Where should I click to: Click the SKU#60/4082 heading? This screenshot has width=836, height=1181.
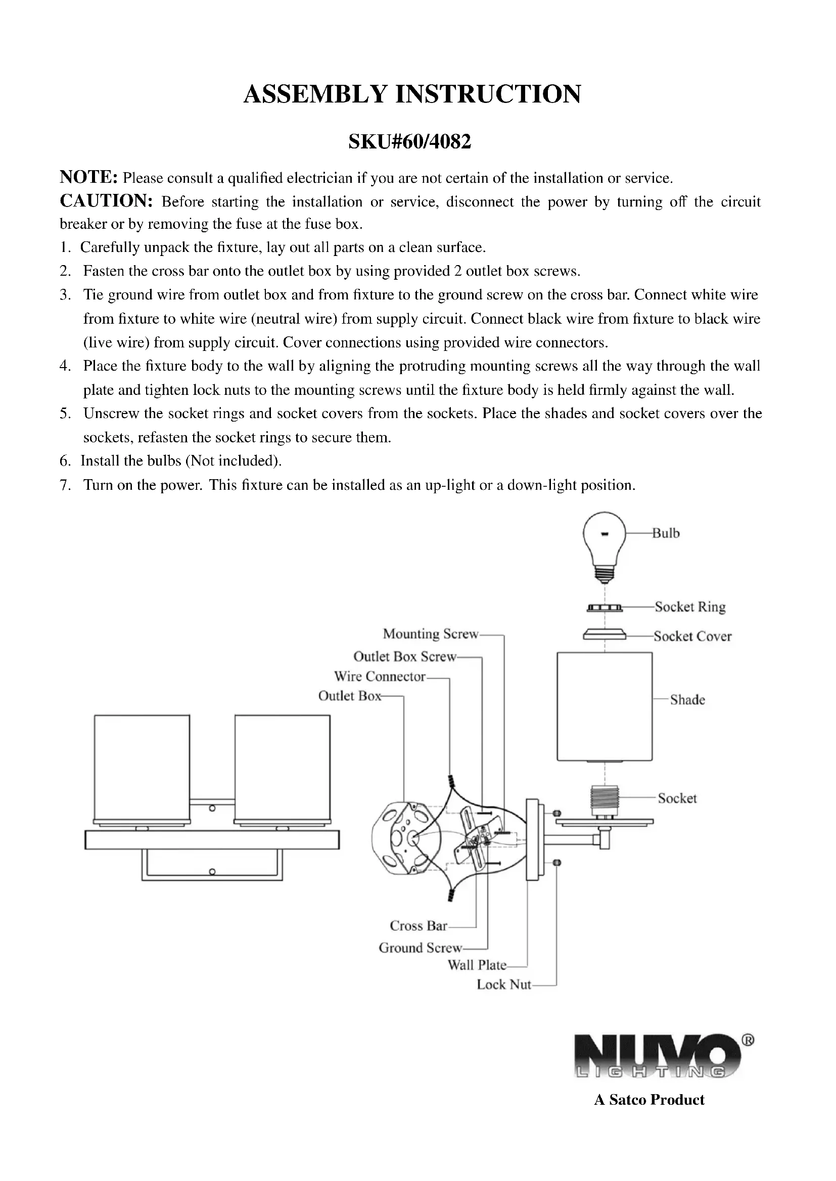[x=410, y=141]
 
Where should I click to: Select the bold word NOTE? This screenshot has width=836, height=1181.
[x=89, y=177]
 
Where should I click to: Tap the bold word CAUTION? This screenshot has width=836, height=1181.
[x=106, y=201]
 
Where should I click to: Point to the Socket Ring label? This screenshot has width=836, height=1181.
[x=690, y=607]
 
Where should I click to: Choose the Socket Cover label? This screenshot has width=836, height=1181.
[x=692, y=636]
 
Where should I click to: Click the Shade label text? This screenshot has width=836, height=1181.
[x=687, y=699]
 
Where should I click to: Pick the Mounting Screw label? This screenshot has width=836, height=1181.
[x=430, y=634]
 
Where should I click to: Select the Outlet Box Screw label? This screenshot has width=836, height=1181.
[x=405, y=656]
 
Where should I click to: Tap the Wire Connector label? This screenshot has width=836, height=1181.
[x=380, y=676]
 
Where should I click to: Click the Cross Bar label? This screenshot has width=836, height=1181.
[x=418, y=926]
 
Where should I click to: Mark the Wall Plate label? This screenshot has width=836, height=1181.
[x=477, y=965]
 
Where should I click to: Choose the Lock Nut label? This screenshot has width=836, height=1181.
[x=503, y=985]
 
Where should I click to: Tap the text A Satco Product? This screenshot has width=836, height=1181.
[x=649, y=1100]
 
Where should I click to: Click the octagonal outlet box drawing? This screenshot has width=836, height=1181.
[x=407, y=839]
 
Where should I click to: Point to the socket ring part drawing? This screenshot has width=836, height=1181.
[x=605, y=608]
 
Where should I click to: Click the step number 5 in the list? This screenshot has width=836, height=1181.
[x=65, y=414]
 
